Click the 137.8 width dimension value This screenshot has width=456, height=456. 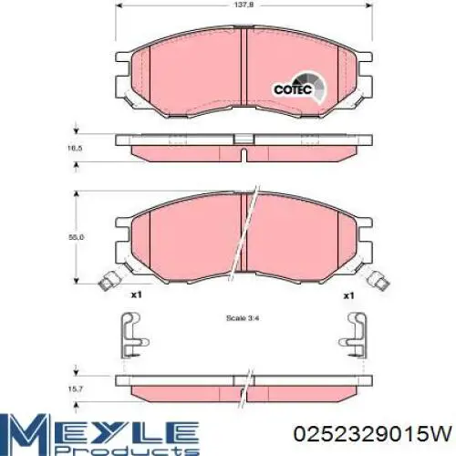click(x=244, y=5)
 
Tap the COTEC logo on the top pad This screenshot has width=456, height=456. click(x=298, y=88)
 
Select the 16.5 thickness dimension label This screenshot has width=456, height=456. click(x=75, y=149)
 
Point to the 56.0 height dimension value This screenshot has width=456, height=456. click(x=76, y=237)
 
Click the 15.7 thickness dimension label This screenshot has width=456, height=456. click(x=75, y=389)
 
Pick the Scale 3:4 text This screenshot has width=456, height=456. click(x=243, y=318)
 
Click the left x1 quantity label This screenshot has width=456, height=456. click(x=136, y=295)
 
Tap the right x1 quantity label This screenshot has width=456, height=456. click(x=348, y=295)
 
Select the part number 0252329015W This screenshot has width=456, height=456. click(x=372, y=433)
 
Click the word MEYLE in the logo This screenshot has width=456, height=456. click(x=100, y=430)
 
